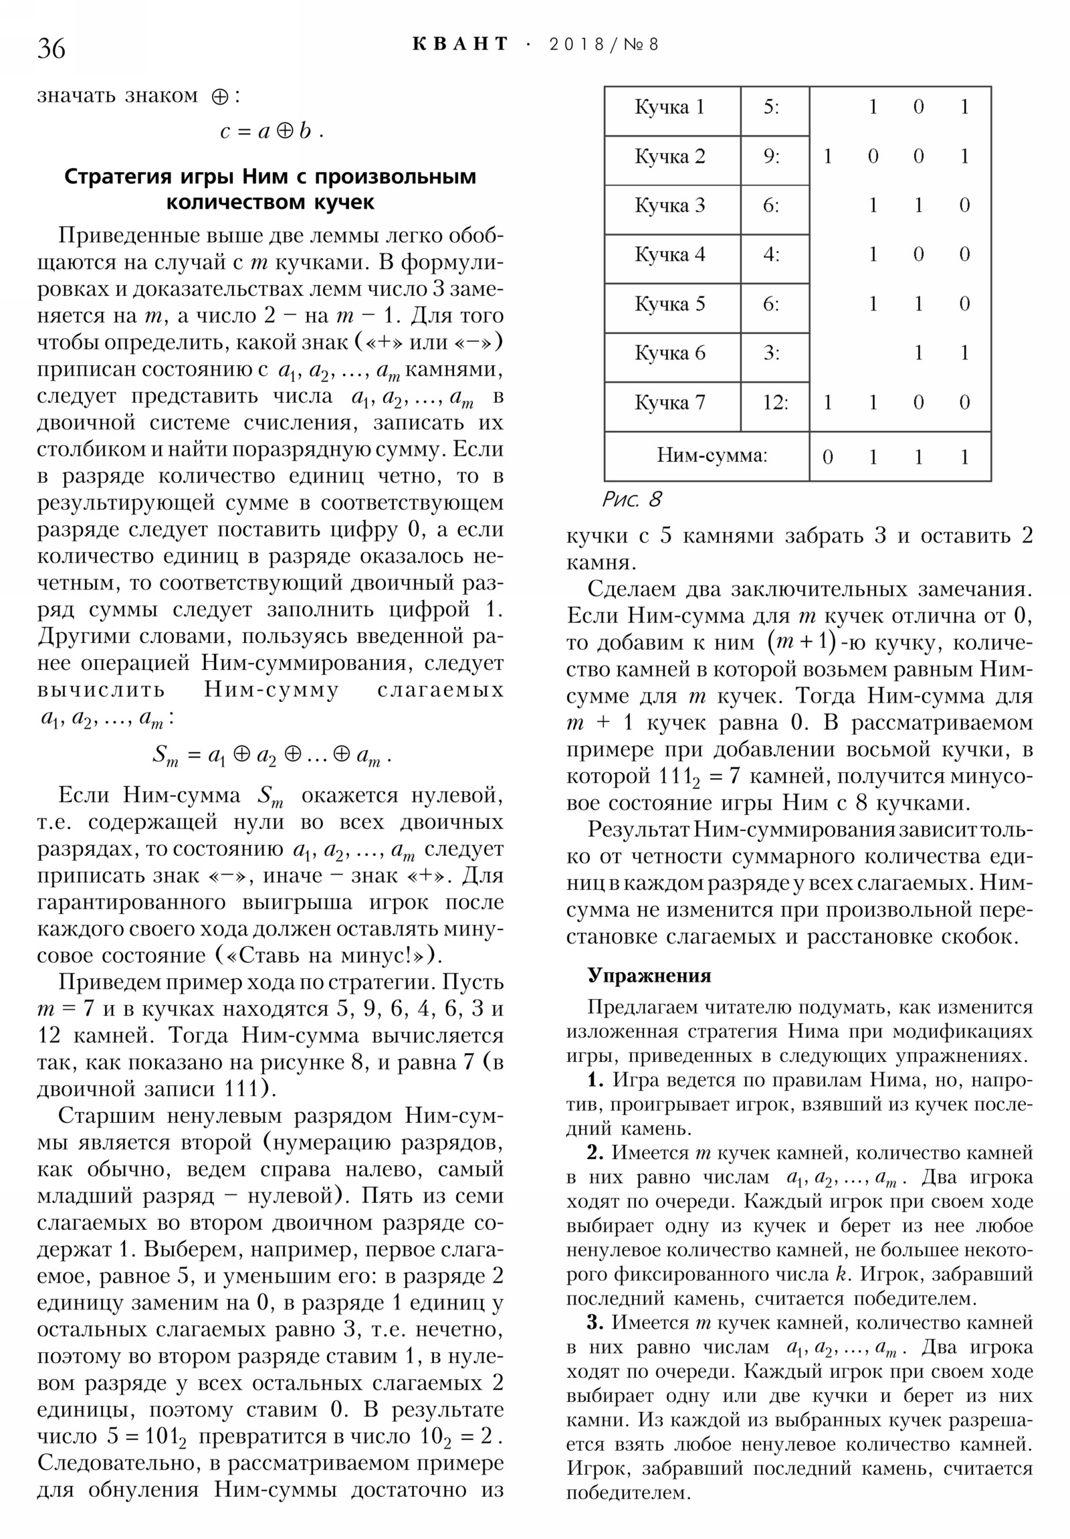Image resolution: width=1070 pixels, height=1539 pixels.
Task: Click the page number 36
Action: pyautogui.click(x=51, y=48)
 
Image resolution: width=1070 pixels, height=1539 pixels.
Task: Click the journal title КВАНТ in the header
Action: pyautogui.click(x=460, y=44)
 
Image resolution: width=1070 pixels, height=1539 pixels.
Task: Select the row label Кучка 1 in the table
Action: pyautogui.click(x=669, y=107)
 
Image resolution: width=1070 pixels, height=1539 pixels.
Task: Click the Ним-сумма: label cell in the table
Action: pyautogui.click(x=712, y=456)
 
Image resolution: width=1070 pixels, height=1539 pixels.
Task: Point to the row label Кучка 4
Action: pyautogui.click(x=669, y=255)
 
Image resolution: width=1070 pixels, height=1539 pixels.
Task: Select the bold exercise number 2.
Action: pyautogui.click(x=596, y=1153)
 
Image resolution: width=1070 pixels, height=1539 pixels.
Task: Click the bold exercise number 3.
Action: pyautogui.click(x=596, y=1322)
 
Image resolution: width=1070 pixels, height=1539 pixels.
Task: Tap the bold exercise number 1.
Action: pyautogui.click(x=596, y=1080)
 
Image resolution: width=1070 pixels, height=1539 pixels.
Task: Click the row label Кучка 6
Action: pyautogui.click(x=669, y=353)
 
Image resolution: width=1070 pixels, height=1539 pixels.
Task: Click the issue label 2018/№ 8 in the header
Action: pyautogui.click(x=603, y=44)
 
